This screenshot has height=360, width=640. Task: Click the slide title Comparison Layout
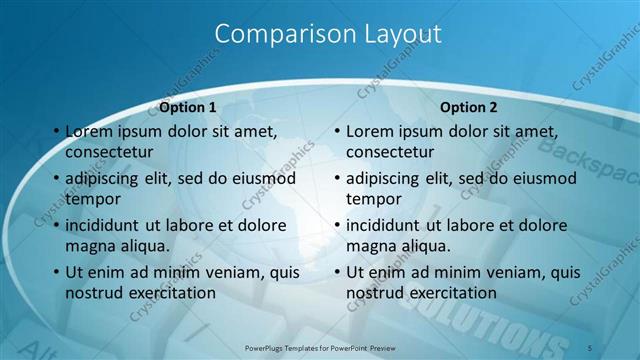(x=328, y=34)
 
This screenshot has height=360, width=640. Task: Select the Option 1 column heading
(x=187, y=107)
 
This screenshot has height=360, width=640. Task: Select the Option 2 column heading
(x=468, y=107)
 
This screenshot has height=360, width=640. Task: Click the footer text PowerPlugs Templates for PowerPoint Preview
(x=320, y=347)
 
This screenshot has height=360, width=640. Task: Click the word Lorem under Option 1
(x=89, y=131)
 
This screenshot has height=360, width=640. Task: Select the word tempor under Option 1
(x=90, y=199)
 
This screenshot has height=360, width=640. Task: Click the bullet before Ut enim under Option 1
(x=55, y=272)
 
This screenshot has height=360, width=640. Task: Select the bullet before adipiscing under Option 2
(x=336, y=178)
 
